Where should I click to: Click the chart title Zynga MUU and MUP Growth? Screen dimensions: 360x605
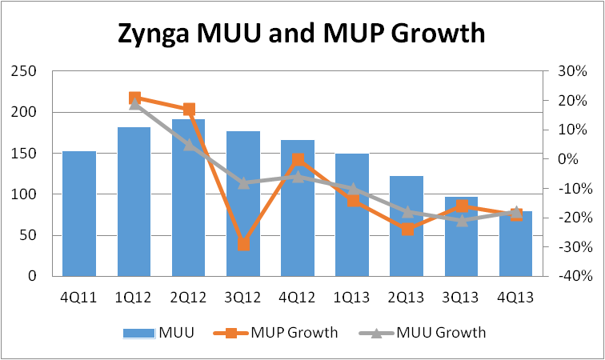point(302,34)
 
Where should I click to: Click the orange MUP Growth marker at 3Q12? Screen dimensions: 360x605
point(243,244)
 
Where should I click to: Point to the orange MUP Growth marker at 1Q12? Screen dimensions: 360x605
point(134,98)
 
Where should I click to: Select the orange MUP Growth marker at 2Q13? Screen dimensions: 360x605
point(407,230)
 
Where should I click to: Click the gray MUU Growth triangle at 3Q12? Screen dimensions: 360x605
point(243,182)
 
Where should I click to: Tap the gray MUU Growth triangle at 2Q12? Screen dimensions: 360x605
point(189,144)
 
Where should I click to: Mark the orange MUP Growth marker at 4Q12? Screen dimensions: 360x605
point(298,160)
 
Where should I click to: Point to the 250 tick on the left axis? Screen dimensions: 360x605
point(29,72)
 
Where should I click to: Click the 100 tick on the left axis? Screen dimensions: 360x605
point(29,194)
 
